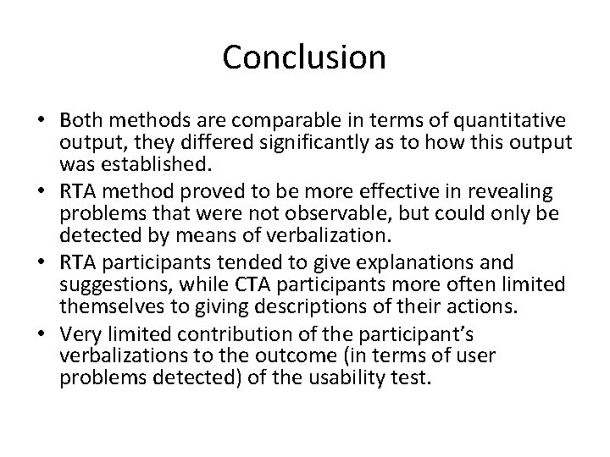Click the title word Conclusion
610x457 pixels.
[305, 57]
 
